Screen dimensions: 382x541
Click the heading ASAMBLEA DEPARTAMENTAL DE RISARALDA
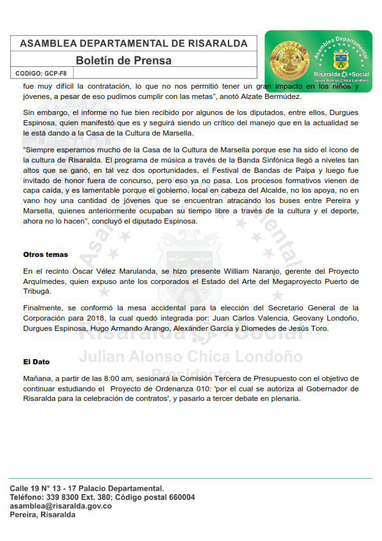tap(134, 44)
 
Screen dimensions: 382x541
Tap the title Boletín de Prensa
tap(123, 61)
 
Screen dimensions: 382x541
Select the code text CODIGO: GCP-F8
tap(40, 74)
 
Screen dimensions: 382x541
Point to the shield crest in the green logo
tap(338, 60)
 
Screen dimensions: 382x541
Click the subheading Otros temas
tap(46, 254)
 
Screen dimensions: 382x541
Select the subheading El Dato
tap(36, 362)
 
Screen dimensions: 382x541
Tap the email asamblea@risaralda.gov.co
tap(61, 506)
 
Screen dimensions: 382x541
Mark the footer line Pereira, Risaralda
tap(42, 515)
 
